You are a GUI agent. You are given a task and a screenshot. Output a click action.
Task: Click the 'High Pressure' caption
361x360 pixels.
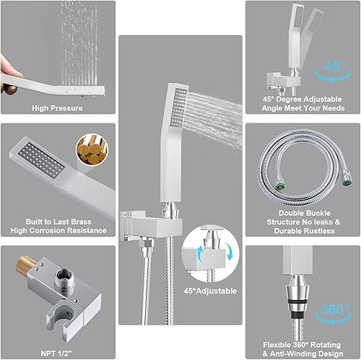[x=57, y=108]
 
